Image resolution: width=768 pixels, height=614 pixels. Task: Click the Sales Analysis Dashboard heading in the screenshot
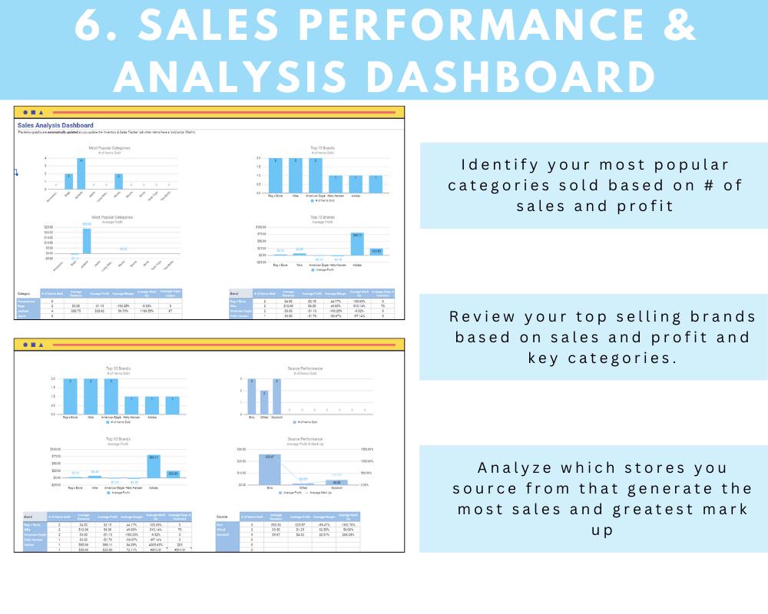point(55,125)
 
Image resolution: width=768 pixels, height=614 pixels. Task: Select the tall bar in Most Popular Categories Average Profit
point(87,241)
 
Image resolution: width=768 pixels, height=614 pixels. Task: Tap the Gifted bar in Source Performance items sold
point(264,403)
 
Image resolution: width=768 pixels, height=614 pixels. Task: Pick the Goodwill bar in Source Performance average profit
point(337,482)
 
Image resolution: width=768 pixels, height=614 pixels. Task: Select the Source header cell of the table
point(222,517)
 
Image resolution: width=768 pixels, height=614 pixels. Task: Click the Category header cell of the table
point(24,293)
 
